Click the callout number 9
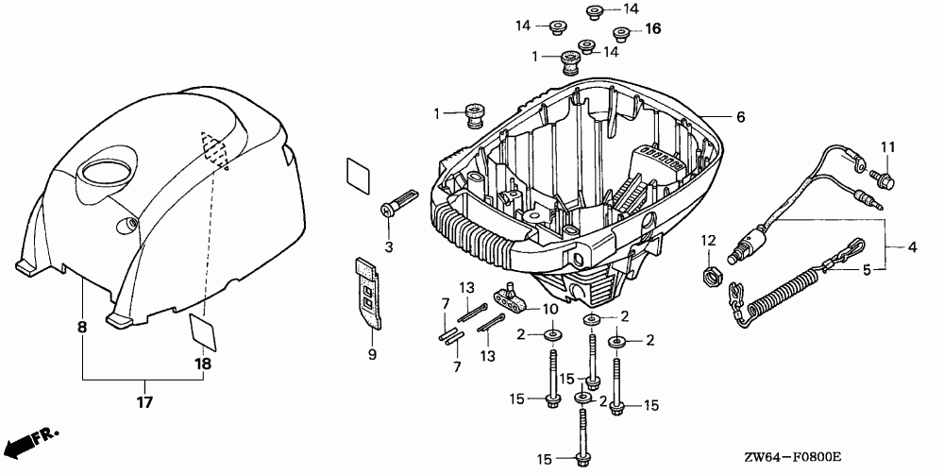pyautogui.click(x=372, y=354)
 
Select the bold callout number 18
pyautogui.click(x=203, y=364)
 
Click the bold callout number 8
pyautogui.click(x=82, y=327)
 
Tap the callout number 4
pyautogui.click(x=912, y=247)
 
